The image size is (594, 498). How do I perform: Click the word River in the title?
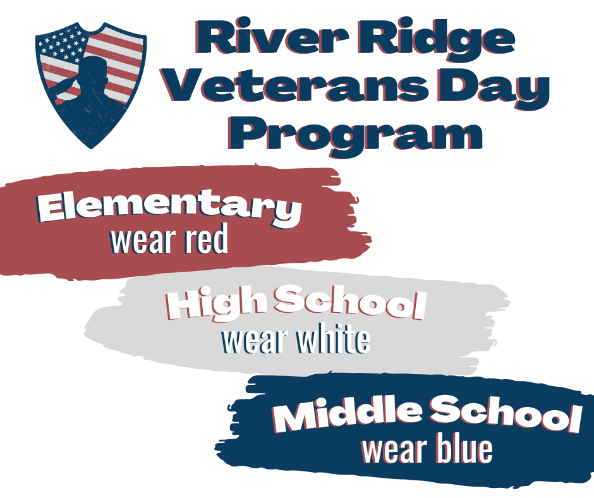265,39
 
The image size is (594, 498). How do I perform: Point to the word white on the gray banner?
331,341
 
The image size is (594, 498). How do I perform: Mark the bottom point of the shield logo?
92,148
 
